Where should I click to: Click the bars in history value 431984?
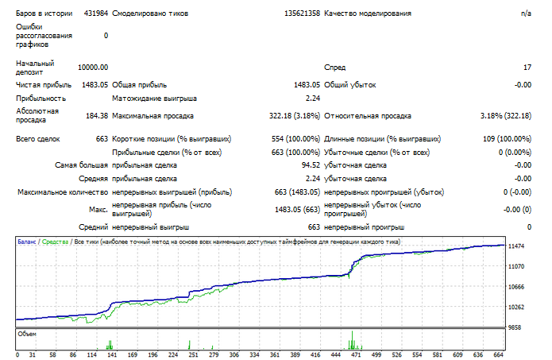point(96,14)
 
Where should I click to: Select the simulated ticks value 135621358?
point(302,14)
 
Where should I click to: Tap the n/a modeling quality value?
point(526,14)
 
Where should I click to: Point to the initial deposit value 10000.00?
point(93,68)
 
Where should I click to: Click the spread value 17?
point(527,68)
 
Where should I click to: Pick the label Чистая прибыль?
point(44,85)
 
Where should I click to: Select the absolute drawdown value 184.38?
point(97,116)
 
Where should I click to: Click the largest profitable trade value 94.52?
point(311,165)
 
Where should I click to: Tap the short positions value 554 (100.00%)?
point(295,139)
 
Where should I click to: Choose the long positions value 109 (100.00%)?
point(507,139)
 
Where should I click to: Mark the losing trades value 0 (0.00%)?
point(515,153)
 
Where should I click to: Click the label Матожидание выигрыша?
point(154,99)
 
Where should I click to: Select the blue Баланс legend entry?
point(27,242)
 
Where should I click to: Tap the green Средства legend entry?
point(55,242)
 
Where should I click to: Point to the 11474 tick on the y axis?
point(516,246)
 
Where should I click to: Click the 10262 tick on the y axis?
point(516,307)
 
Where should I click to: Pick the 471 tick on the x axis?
point(356,354)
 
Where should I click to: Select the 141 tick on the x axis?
point(112,354)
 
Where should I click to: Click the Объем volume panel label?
point(27,334)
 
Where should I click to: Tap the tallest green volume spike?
point(352,340)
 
